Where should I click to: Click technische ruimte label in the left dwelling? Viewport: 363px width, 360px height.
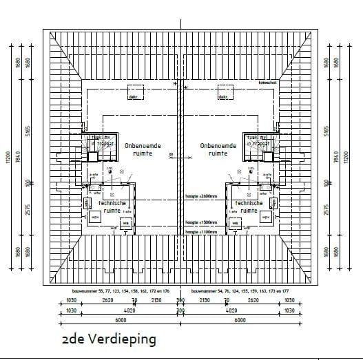(x=111, y=208)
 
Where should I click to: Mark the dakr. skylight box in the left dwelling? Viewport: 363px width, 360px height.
(x=136, y=92)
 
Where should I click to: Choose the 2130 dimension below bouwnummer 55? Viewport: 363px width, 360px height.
(x=156, y=301)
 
